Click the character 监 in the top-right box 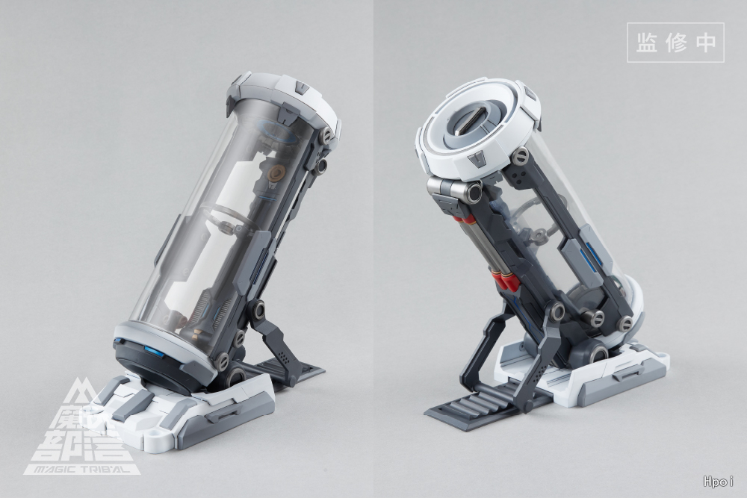click(x=646, y=43)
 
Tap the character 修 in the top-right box click(x=676, y=43)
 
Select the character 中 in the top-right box click(x=706, y=43)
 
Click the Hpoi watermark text click(x=718, y=482)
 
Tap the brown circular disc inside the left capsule click(x=276, y=174)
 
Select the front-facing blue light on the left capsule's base click(x=152, y=352)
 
